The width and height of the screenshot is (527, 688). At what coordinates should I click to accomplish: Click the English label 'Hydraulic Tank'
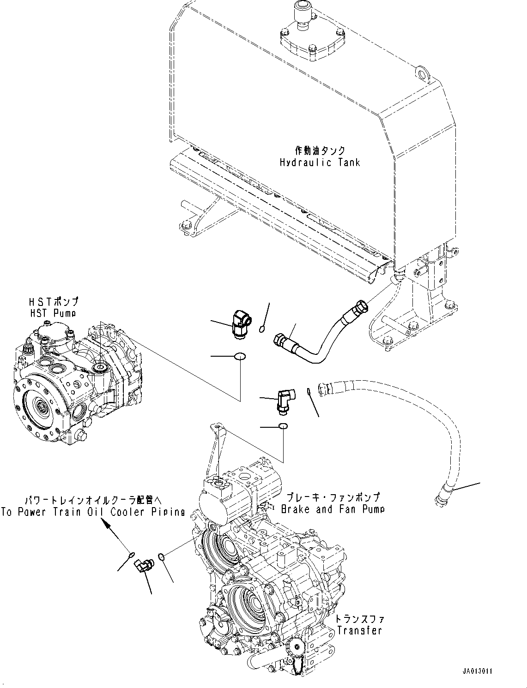[x=320, y=162]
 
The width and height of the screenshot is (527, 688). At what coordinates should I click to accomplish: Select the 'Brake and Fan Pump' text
[x=333, y=509]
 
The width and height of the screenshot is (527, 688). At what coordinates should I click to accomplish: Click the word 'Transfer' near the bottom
[x=359, y=630]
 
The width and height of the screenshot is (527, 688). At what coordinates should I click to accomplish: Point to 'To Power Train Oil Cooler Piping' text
[x=93, y=512]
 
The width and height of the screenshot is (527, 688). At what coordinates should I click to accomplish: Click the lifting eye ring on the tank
[x=421, y=72]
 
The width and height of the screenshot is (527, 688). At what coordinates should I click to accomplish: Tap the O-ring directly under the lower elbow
[x=283, y=426]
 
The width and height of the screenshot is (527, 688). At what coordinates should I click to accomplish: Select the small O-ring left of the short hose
[x=262, y=329]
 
